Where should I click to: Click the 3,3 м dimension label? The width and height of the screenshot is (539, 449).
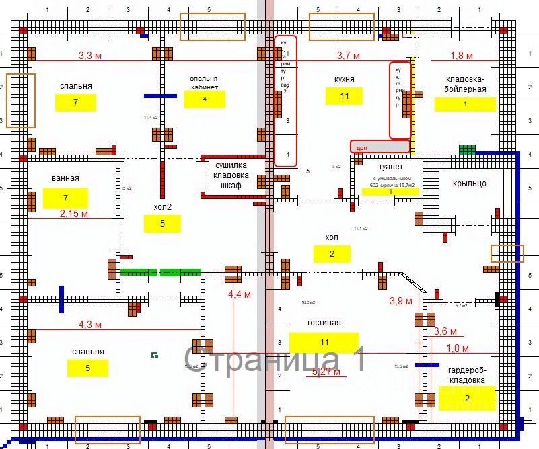(93, 56)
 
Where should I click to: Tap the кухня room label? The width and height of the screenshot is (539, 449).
(344, 79)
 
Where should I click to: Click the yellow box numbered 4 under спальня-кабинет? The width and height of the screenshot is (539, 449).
(205, 99)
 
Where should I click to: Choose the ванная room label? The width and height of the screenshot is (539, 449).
(65, 178)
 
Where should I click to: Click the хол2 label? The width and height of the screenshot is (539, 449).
(162, 206)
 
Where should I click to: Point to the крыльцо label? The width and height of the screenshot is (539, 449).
(470, 183)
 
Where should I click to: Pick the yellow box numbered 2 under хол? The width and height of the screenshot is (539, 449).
(332, 253)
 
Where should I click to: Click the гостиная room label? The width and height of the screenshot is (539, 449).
(324, 323)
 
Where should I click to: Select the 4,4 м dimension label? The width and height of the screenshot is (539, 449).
(240, 294)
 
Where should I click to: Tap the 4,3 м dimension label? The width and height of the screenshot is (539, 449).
(89, 324)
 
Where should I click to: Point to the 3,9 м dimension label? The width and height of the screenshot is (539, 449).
(401, 301)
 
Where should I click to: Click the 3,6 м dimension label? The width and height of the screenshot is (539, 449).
(445, 331)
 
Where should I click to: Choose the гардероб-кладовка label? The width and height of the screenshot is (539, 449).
(466, 375)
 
